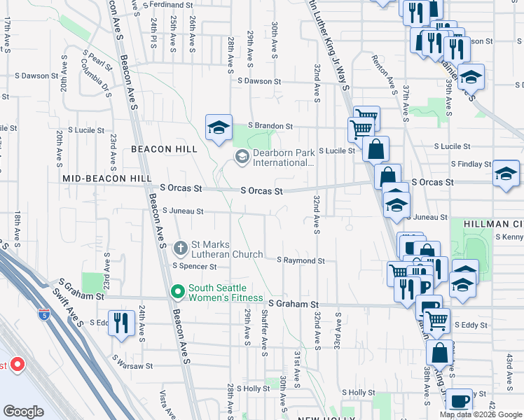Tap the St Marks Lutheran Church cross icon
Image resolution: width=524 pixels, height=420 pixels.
[180, 247]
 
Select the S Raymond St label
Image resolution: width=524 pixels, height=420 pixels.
[301, 260]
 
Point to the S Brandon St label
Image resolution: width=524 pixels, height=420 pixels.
[269, 126]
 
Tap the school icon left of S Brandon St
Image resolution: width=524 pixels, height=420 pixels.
[219, 127]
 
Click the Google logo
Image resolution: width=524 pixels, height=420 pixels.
[24, 412]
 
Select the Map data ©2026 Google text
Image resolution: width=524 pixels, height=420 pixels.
[481, 414]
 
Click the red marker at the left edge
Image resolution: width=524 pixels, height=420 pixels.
[17, 365]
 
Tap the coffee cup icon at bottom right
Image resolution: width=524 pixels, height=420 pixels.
[459, 401]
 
